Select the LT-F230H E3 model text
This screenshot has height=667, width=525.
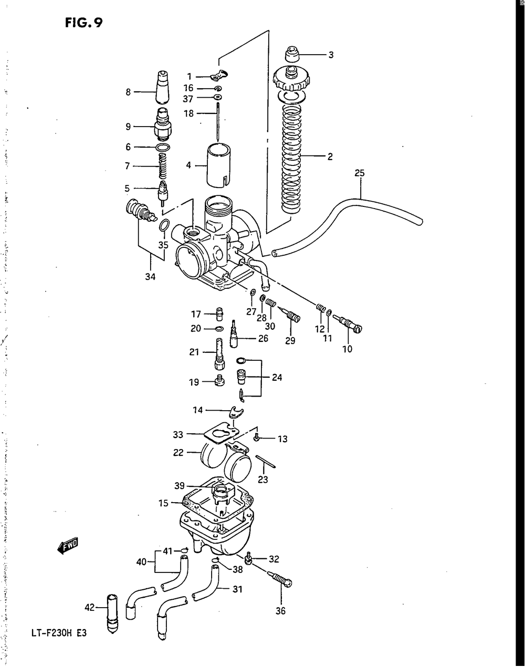pos(58,633)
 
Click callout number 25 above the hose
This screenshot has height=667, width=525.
pos(359,173)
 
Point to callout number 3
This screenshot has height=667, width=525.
pos(331,55)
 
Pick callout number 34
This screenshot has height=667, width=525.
pos(150,277)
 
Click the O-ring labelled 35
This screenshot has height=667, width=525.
pos(164,226)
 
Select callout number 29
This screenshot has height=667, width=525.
pos(290,340)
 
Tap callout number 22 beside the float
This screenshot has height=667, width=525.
pos(178,452)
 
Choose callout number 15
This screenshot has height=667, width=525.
pos(163,503)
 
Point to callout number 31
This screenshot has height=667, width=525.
pos(237,590)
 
